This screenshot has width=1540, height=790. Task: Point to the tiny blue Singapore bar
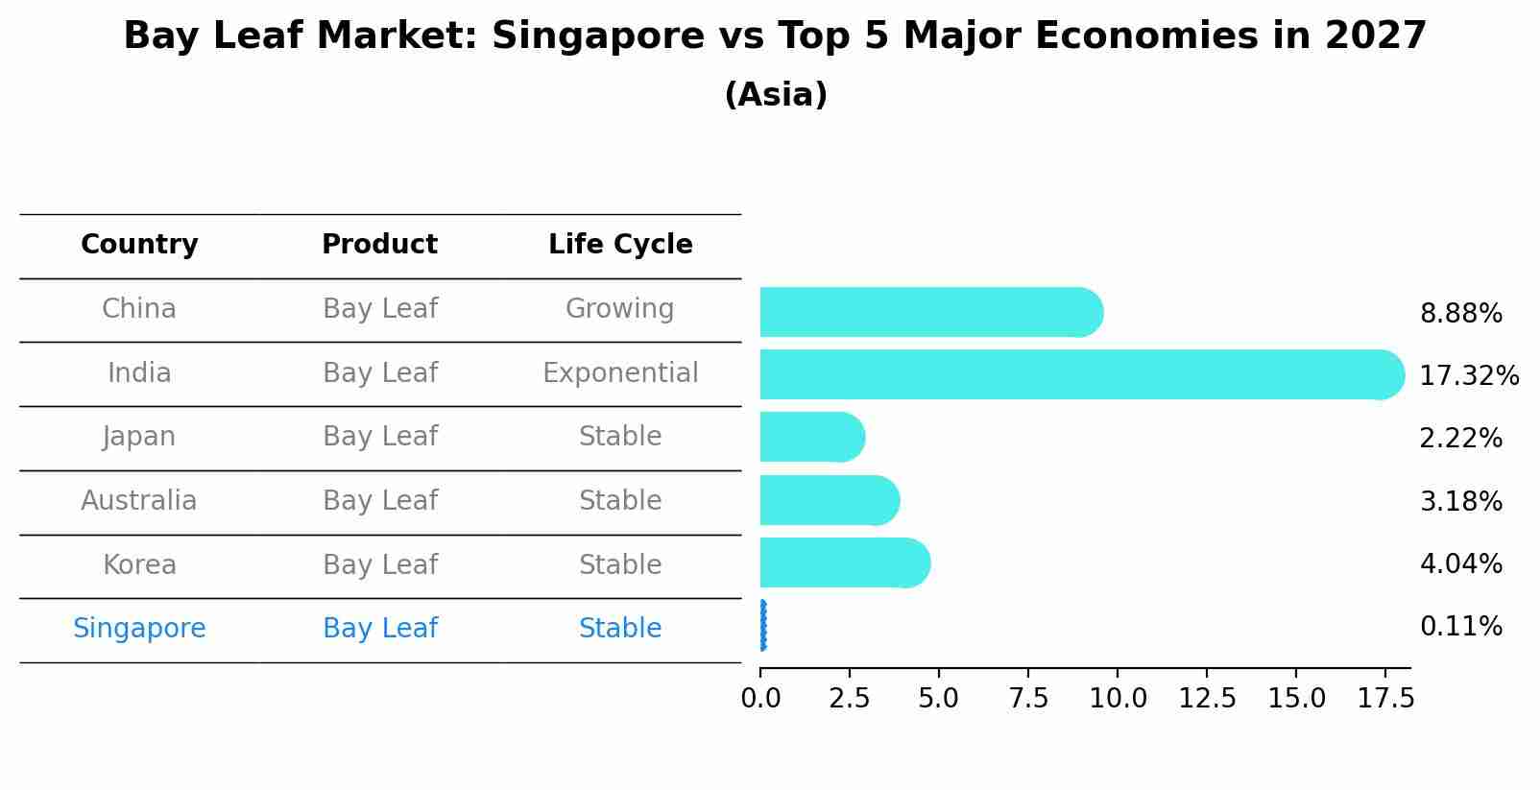pyautogui.click(x=763, y=626)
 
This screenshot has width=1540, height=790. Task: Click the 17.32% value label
pyautogui.click(x=1468, y=376)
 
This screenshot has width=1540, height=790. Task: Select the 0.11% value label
pyautogui.click(x=1460, y=627)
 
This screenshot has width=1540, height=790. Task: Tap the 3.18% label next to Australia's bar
pyautogui.click(x=1460, y=501)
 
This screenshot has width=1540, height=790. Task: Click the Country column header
pyautogui.click(x=139, y=245)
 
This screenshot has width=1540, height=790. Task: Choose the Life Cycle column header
pyautogui.click(x=620, y=245)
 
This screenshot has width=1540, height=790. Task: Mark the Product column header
pyautogui.click(x=379, y=245)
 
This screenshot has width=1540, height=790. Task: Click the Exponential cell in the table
pyautogui.click(x=620, y=372)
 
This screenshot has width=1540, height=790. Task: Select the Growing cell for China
pyautogui.click(x=619, y=309)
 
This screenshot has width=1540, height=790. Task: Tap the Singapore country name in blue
pyautogui.click(x=139, y=629)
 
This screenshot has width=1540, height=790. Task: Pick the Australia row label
pyautogui.click(x=139, y=501)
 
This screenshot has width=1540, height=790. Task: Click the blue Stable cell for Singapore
pyautogui.click(x=620, y=629)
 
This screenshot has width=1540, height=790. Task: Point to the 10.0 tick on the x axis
pyautogui.click(x=1118, y=699)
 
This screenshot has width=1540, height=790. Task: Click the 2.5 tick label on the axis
pyautogui.click(x=849, y=699)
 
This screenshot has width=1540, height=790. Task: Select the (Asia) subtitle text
pyautogui.click(x=776, y=95)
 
